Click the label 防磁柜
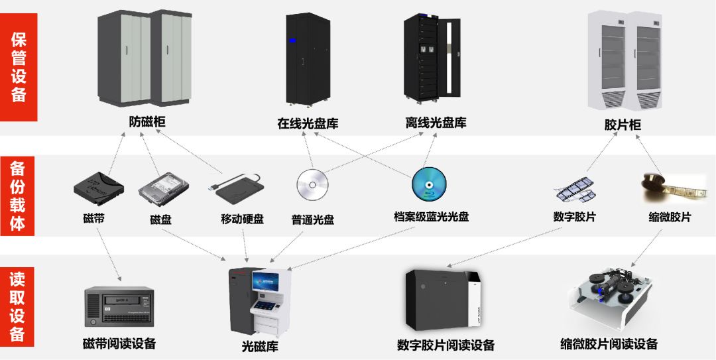point(147,122)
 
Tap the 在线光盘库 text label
point(308,123)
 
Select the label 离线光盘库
point(436,123)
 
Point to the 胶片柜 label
point(623,125)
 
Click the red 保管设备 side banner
point(19,67)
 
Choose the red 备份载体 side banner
point(19,196)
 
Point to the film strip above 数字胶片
point(575,189)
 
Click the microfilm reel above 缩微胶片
point(668,187)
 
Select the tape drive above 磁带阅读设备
point(119,307)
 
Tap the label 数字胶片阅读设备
point(446,345)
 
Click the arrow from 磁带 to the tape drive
point(109,252)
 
